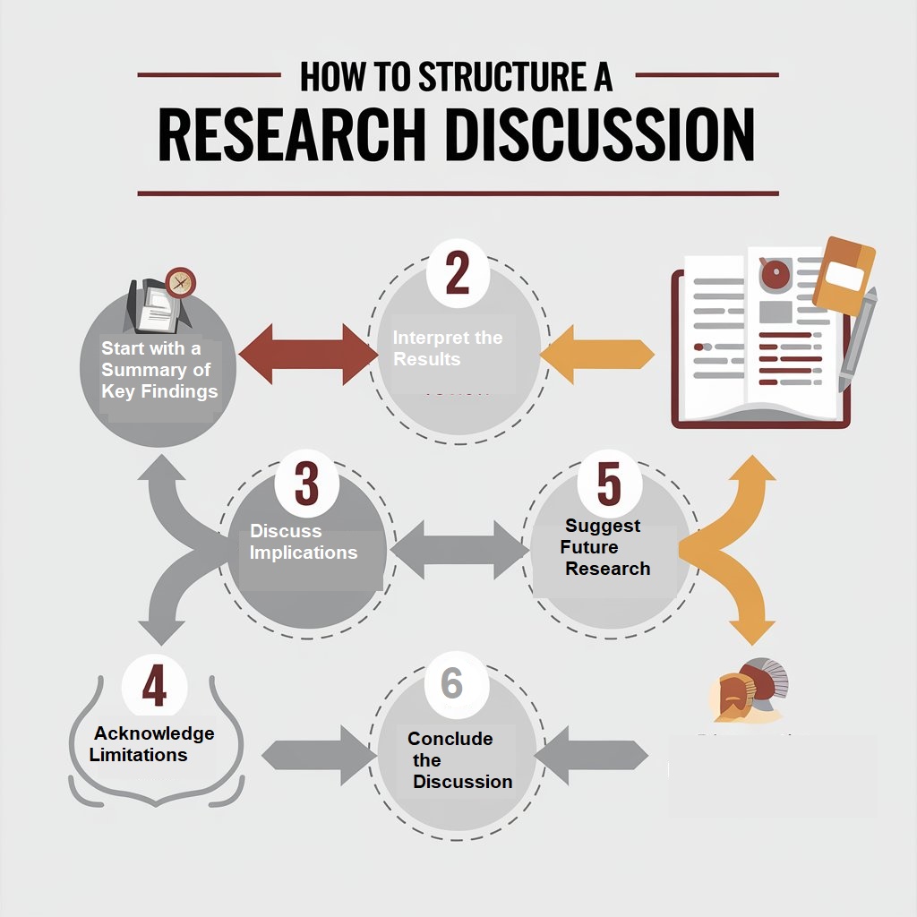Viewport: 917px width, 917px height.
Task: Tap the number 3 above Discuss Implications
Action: click(x=305, y=484)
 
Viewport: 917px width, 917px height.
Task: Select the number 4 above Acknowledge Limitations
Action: click(x=154, y=688)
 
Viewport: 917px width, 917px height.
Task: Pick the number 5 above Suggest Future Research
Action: click(x=608, y=484)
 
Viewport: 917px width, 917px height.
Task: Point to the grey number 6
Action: click(x=451, y=684)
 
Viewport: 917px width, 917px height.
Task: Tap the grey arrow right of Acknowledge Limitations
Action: click(x=318, y=755)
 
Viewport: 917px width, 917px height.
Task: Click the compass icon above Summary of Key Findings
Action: click(x=181, y=282)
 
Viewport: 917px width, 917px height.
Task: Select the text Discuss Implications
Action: click(x=303, y=542)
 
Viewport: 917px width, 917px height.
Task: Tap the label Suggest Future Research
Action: click(x=604, y=547)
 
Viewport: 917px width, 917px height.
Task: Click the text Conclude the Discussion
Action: click(x=458, y=760)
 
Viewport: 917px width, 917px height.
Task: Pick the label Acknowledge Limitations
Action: click(x=152, y=743)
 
